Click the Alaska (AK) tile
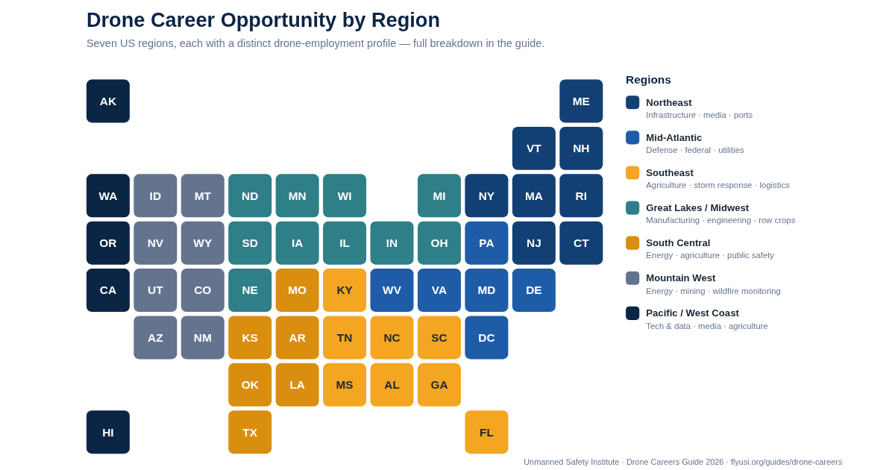(108, 101)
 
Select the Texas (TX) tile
(250, 432)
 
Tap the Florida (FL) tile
(486, 432)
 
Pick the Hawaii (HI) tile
(108, 432)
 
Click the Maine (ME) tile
(581, 101)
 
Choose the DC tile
(486, 338)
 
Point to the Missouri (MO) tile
(298, 290)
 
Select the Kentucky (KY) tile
(345, 290)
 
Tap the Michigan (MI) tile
(439, 195)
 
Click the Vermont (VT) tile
(534, 148)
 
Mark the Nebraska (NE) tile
(250, 290)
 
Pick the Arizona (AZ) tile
(155, 338)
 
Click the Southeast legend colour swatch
(632, 172)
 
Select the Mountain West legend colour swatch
(632, 278)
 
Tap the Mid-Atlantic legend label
(673, 138)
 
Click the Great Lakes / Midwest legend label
(697, 208)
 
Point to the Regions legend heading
(648, 80)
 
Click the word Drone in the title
(116, 20)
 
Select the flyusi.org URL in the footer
(786, 462)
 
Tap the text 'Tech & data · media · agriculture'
(707, 326)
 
